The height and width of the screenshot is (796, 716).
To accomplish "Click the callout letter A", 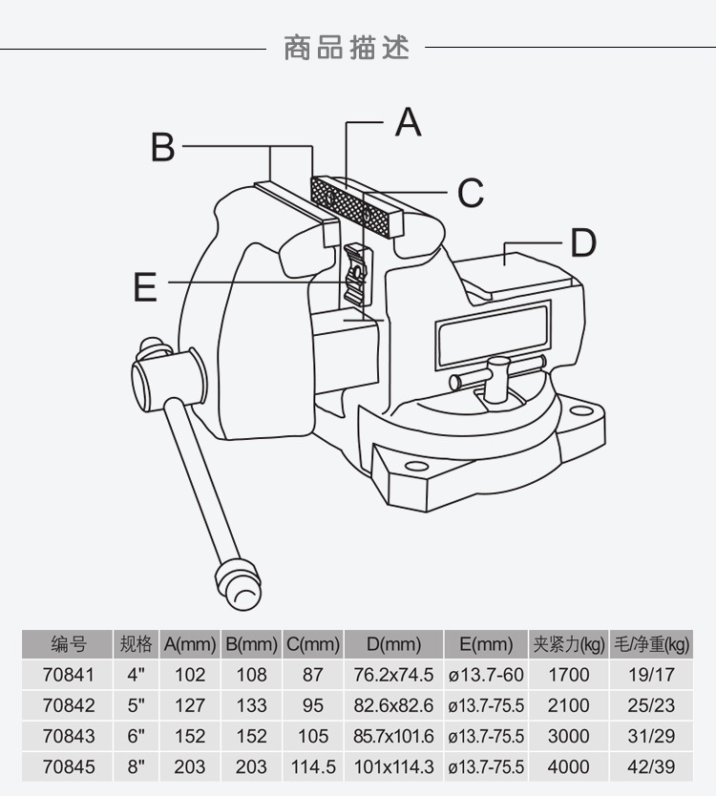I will point(408,122).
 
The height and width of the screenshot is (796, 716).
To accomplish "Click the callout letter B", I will point(163,147).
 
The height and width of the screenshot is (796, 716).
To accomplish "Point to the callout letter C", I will point(470,193).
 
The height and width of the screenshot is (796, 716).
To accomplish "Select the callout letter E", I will point(145,285).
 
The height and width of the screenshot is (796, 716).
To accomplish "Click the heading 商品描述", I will point(347,47).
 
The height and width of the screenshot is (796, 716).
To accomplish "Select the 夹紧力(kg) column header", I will point(569,644).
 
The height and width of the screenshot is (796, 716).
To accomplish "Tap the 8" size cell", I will point(137,766).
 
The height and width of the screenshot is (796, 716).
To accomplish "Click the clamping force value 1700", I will point(569,675).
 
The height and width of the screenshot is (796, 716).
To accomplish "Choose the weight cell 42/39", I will point(653,766).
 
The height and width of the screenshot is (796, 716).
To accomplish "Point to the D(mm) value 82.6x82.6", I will point(393,705).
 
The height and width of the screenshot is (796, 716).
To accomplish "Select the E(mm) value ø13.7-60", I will point(486,675).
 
